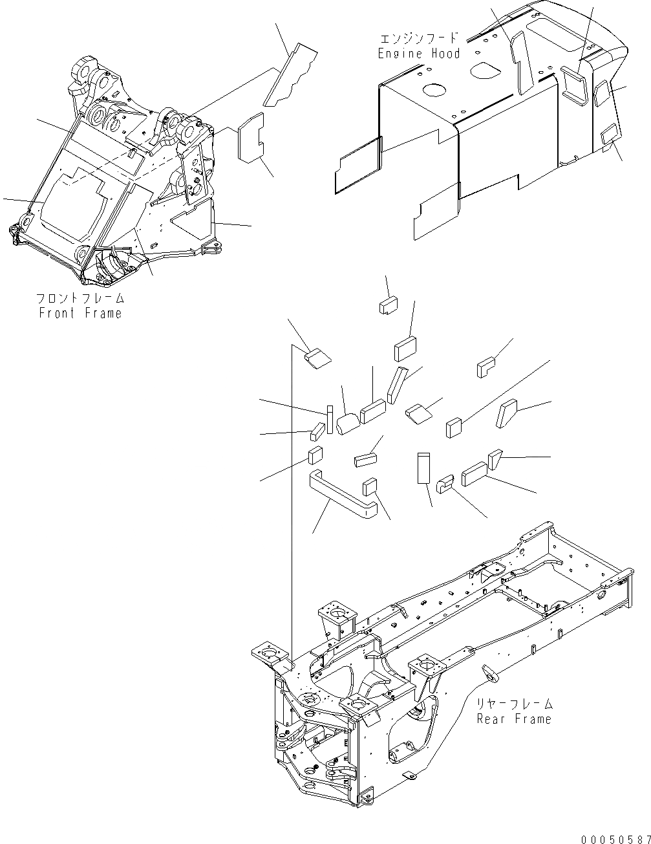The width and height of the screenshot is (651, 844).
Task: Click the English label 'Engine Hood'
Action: click(x=419, y=54)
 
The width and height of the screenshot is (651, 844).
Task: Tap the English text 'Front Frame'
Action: click(x=80, y=314)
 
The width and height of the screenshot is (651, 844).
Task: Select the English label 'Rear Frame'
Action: click(x=515, y=719)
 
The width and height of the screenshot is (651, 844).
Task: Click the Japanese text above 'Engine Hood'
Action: click(x=419, y=39)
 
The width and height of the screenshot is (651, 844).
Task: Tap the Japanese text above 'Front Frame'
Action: click(x=80, y=299)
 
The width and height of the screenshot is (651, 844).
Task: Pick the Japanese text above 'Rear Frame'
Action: click(x=515, y=704)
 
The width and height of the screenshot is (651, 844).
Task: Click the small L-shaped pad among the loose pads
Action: click(x=486, y=367)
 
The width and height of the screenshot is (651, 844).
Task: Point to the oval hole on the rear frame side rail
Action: click(x=489, y=673)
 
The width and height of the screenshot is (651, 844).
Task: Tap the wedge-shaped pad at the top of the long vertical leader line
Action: click(x=316, y=356)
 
